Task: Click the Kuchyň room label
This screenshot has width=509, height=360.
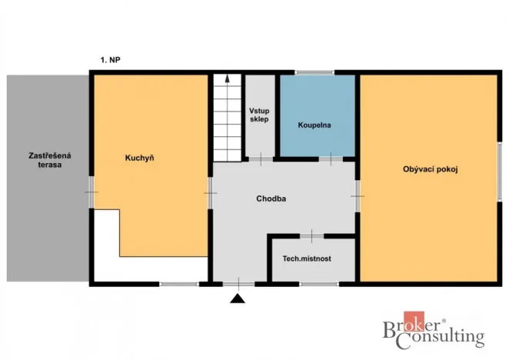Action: (140, 158)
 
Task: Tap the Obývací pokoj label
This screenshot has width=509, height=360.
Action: (430, 169)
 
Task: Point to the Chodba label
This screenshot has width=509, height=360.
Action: (271, 198)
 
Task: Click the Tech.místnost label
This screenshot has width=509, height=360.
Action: (308, 259)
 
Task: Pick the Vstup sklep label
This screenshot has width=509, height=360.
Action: (259, 115)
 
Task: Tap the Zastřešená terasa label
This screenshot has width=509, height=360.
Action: (45, 160)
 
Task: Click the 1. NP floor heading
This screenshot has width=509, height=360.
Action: (111, 59)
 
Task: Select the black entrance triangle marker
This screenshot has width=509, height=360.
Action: (239, 298)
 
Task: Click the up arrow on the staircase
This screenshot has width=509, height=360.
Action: (227, 80)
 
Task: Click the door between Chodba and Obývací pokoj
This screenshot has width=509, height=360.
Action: (357, 195)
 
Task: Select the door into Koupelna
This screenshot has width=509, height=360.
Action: (331, 159)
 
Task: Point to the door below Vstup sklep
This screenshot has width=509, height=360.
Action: (260, 159)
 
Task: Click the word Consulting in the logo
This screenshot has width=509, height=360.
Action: (445, 337)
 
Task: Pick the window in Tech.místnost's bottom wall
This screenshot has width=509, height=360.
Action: (318, 285)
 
